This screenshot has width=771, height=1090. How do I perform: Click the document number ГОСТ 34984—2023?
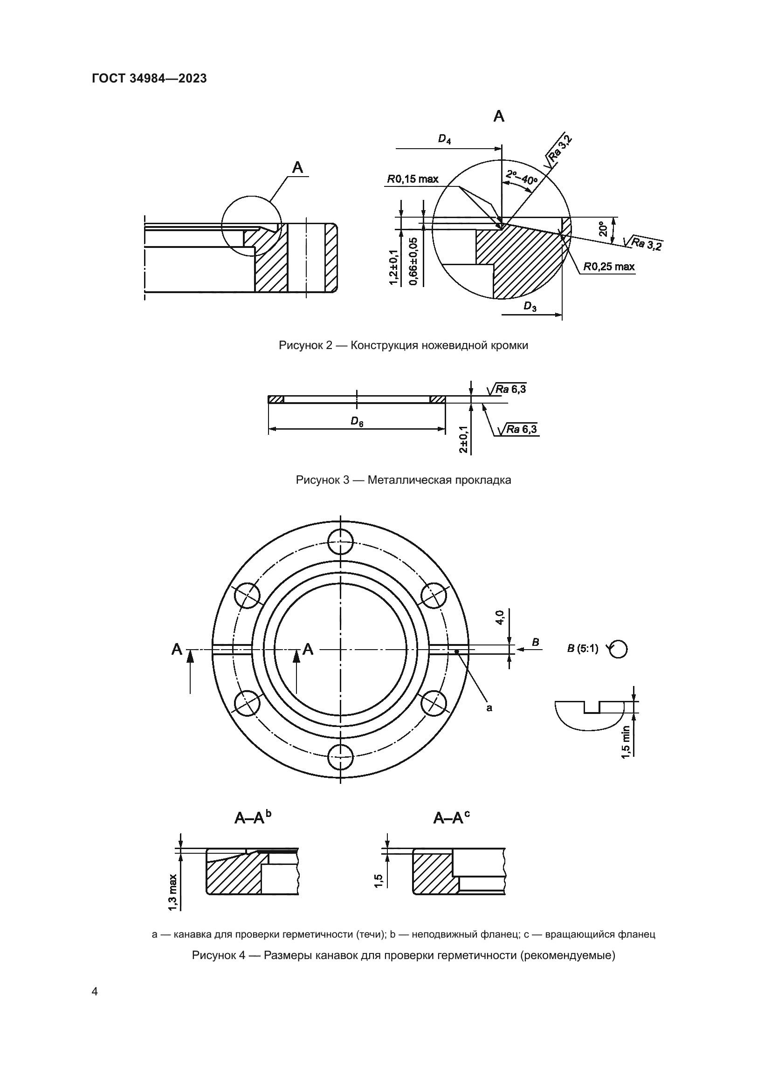click(x=149, y=78)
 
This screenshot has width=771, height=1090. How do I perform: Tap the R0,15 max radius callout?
click(x=413, y=179)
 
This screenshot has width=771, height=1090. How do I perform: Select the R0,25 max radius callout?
click(x=609, y=267)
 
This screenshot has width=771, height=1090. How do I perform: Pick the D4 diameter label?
click(x=444, y=139)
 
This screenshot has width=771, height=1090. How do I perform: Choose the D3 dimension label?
click(x=530, y=307)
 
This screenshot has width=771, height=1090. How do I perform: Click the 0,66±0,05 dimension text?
click(x=413, y=261)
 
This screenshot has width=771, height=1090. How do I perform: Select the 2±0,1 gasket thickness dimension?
click(x=464, y=439)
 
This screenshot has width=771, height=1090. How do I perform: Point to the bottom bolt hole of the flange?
click(x=341, y=757)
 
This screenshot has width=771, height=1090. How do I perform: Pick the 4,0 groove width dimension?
click(x=500, y=618)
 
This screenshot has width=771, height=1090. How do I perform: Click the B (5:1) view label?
click(x=583, y=649)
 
